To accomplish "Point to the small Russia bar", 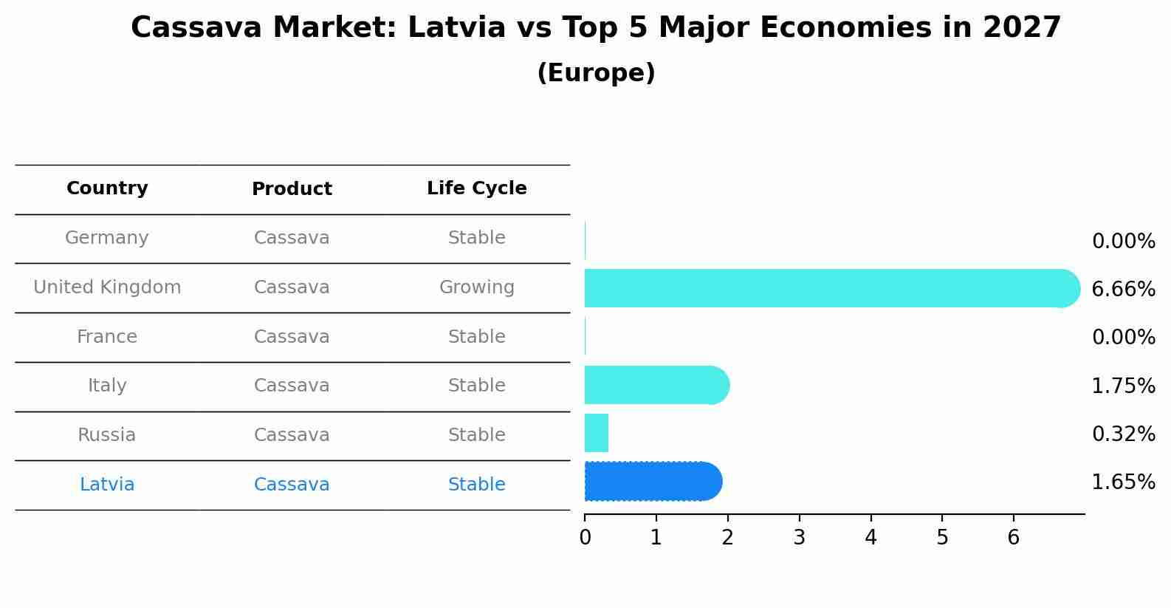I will tap(597, 433).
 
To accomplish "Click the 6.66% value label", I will tap(1123, 289).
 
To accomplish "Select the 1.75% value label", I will tap(1123, 386).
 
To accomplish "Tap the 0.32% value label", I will tap(1123, 434).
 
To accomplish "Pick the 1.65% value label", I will tap(1123, 482).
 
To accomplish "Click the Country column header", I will tap(107, 188).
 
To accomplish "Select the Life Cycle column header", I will tap(476, 188).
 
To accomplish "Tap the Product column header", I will tap(292, 189).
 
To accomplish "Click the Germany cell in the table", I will tap(107, 238).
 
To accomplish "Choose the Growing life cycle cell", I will tap(476, 287).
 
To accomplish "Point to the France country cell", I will tap(107, 337).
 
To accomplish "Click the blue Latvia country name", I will tap(107, 485).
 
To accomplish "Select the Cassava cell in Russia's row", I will tap(292, 435).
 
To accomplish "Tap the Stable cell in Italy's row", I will tap(476, 386).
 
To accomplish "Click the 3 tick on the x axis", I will tap(799, 537).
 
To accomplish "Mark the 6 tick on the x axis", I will tap(1013, 537).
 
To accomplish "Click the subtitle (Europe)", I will tap(596, 73).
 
